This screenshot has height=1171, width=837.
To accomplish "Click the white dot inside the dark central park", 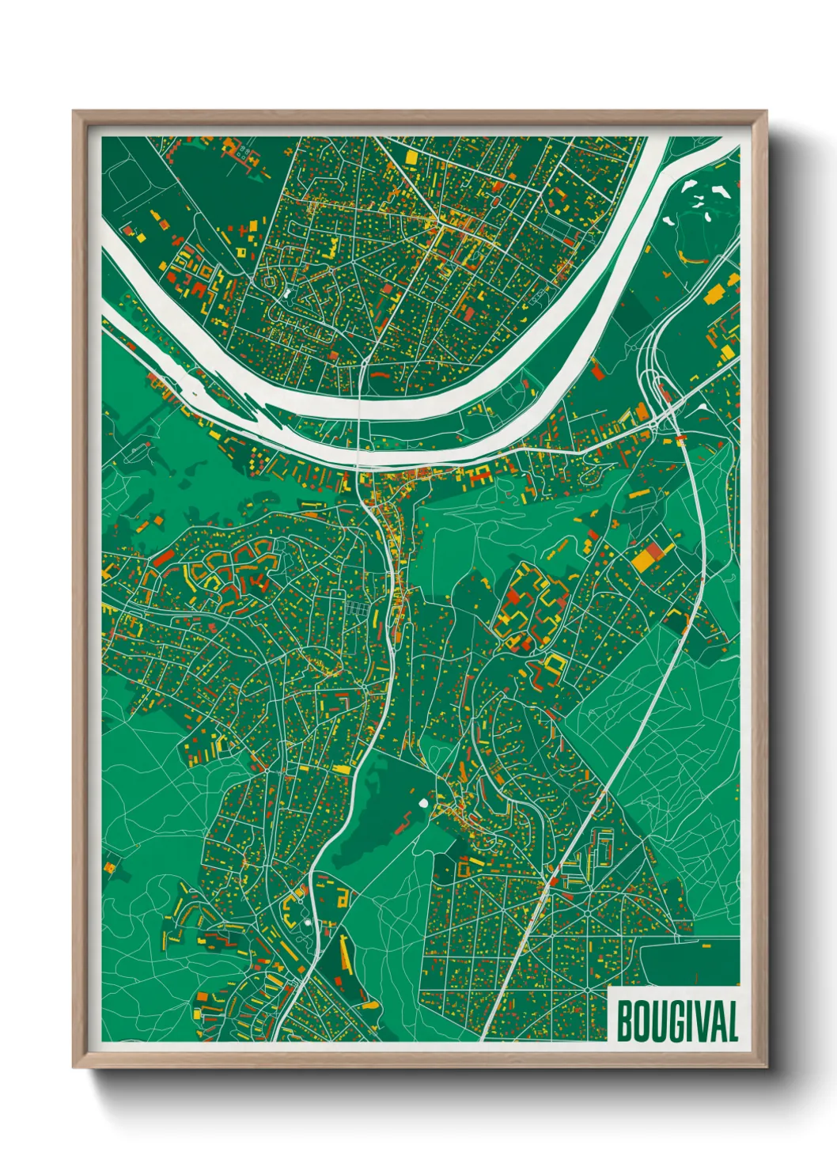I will (x=422, y=803).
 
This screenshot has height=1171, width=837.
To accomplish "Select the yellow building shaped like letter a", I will (x=343, y=896).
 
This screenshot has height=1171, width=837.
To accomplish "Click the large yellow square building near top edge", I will (x=411, y=157).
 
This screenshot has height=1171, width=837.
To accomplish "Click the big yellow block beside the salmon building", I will (x=642, y=560).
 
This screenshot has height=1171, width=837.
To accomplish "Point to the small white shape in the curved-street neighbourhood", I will (x=285, y=294).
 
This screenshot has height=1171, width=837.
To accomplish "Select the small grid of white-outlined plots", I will (x=356, y=609).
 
